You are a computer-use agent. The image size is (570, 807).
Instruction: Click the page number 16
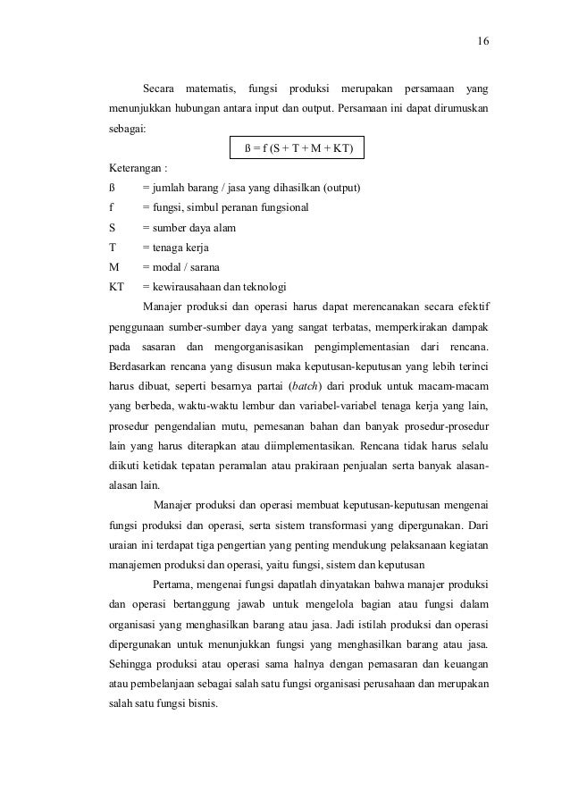[482, 41]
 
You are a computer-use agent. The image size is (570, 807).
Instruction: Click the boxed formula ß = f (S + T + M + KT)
[298, 147]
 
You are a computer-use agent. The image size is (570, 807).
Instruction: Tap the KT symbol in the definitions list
[115, 287]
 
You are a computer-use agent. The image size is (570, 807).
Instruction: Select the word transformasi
[308, 525]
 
